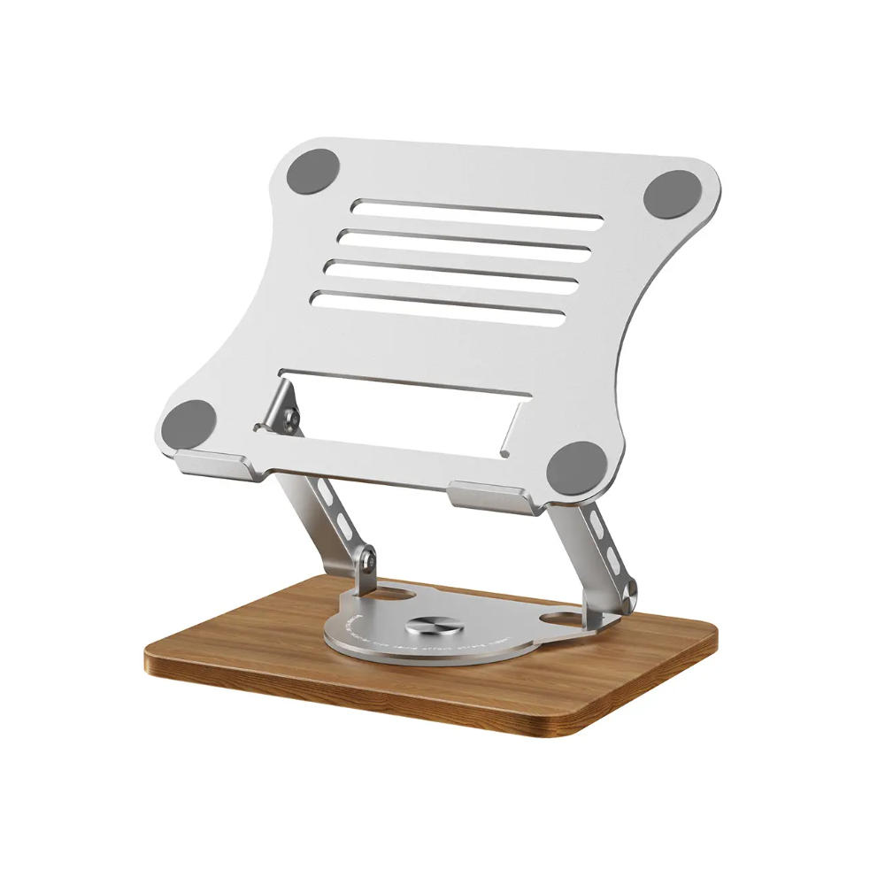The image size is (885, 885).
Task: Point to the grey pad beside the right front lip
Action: [x=577, y=466]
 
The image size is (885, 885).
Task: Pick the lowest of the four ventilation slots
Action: [x=439, y=306]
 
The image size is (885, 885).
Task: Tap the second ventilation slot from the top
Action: [x=465, y=242]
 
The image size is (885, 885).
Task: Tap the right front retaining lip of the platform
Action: [x=491, y=496]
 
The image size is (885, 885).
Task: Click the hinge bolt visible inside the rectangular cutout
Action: [x=289, y=415]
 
